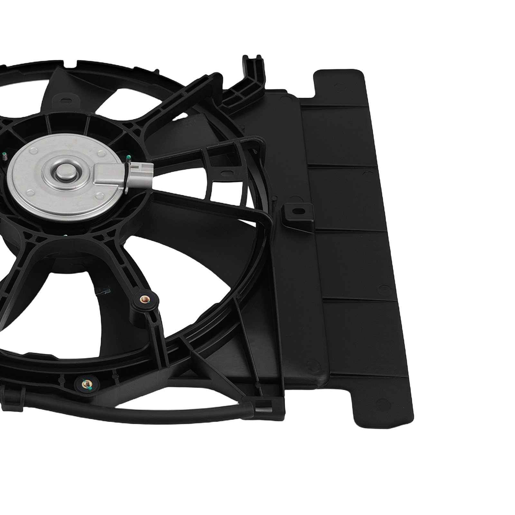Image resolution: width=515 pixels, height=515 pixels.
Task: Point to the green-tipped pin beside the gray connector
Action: tap(128, 157)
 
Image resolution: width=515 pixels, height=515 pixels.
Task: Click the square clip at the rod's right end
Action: tap(265, 406)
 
